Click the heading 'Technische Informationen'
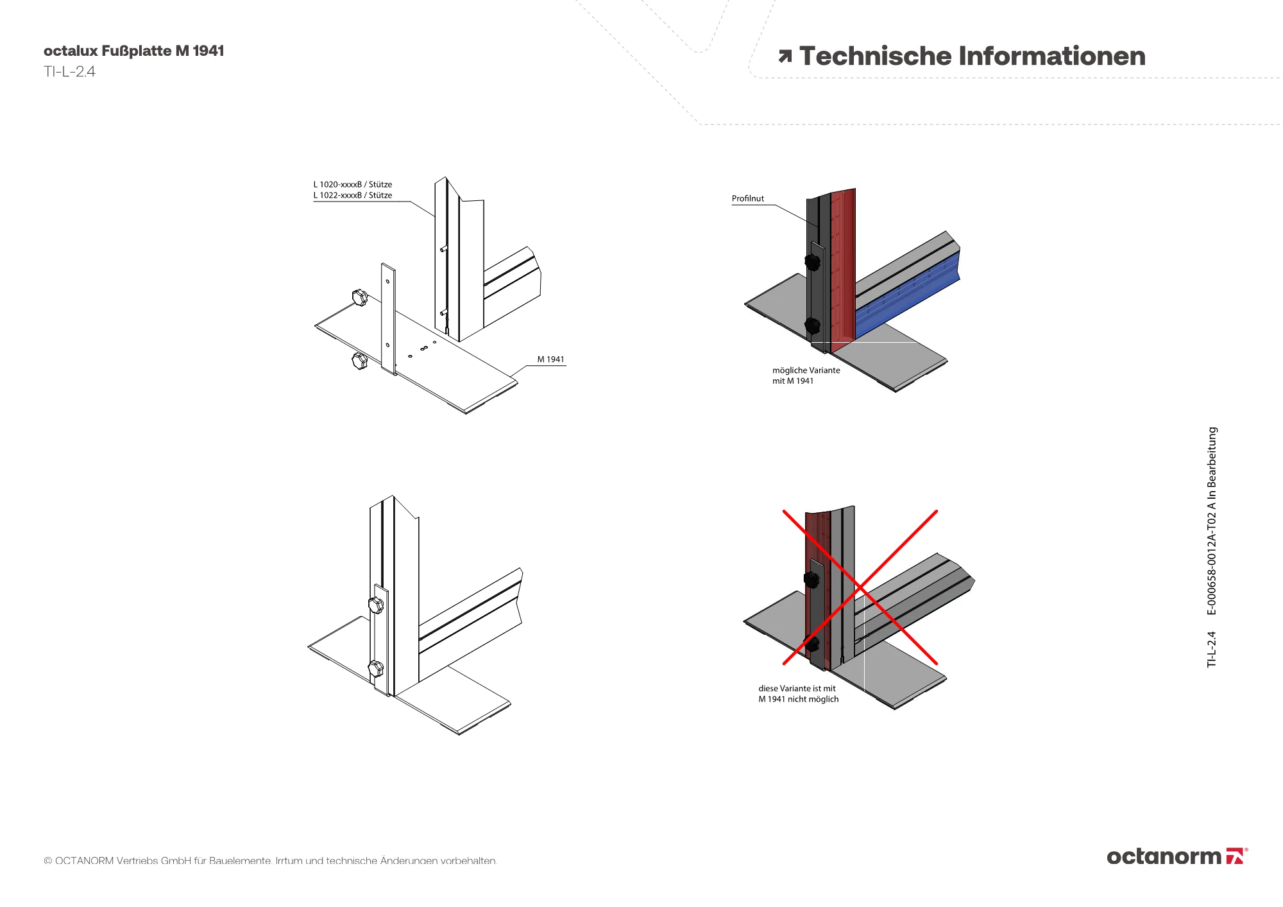point(972,56)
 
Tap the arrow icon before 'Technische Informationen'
point(785,56)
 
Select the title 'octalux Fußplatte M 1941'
point(133,51)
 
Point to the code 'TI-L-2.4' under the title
point(69,72)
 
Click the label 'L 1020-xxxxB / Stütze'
point(352,184)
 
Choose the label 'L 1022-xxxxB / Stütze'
point(352,195)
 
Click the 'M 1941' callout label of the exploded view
point(550,359)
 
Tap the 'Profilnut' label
point(747,199)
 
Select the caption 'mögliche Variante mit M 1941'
point(805,376)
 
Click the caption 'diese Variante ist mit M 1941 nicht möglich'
point(798,694)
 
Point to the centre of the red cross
point(860,587)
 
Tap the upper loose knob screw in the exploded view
point(360,297)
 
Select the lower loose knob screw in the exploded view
point(359,360)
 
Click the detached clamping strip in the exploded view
point(388,318)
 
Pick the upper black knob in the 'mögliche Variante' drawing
point(813,262)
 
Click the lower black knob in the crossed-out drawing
point(812,644)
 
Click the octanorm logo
point(1177,856)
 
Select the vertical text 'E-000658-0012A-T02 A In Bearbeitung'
point(1212,521)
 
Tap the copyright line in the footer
point(270,861)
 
